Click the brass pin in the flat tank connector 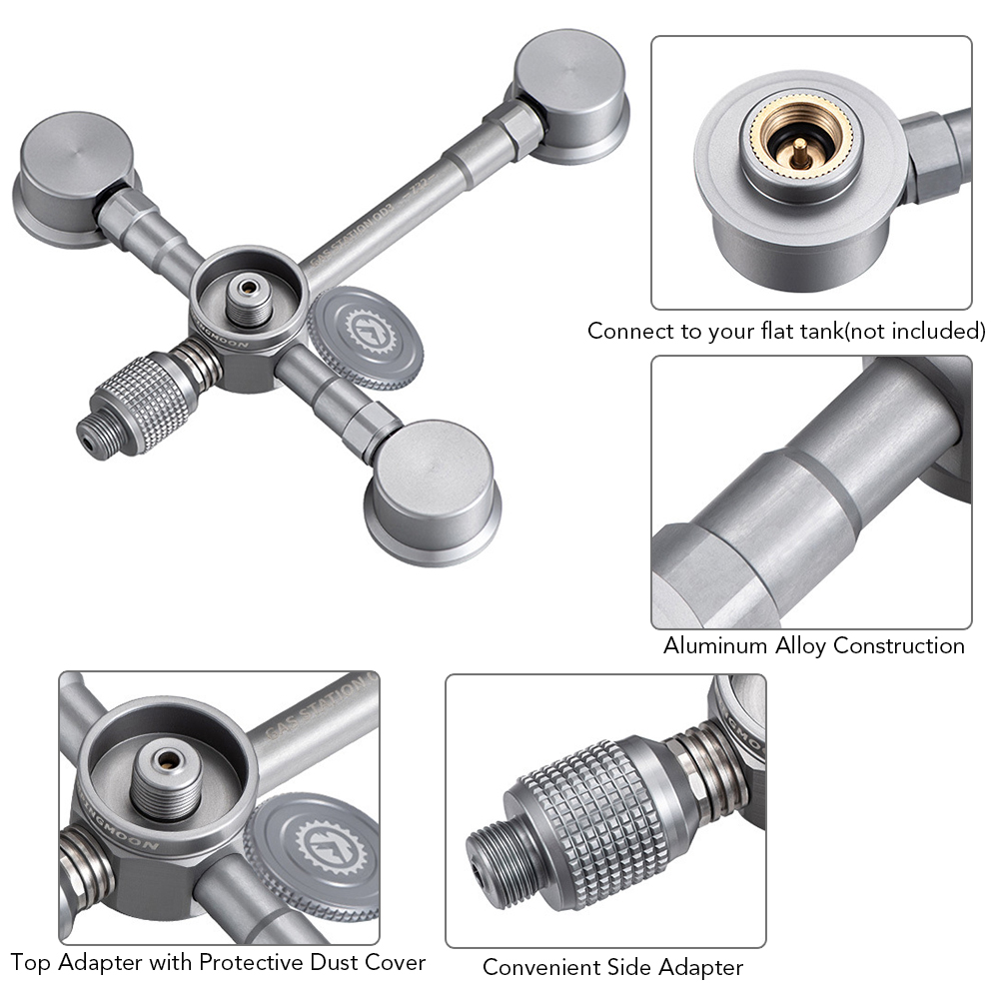[x=798, y=150]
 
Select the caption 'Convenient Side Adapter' [x=612, y=967]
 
